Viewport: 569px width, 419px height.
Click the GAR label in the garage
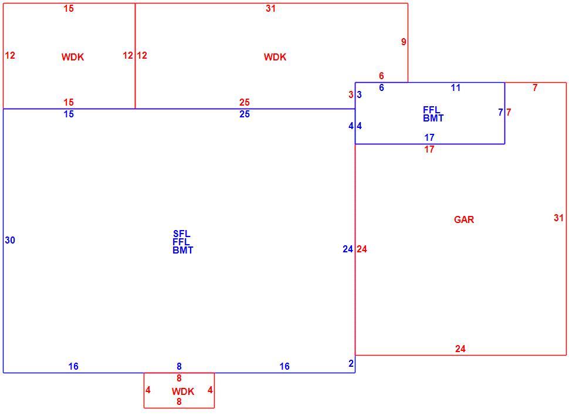tap(464, 219)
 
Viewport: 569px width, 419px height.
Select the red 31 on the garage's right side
tap(558, 218)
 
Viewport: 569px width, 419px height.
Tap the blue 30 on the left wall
tap(10, 240)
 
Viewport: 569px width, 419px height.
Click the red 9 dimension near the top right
tap(404, 42)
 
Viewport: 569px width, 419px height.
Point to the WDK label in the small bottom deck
tap(183, 391)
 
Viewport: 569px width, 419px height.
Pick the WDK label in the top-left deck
tap(73, 57)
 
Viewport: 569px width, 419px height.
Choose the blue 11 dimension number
tap(455, 87)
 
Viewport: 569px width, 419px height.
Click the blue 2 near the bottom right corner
tap(351, 363)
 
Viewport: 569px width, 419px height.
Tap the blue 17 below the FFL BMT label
tap(429, 137)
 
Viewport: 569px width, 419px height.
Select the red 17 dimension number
tap(429, 149)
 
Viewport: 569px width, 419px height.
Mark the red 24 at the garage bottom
tap(460, 349)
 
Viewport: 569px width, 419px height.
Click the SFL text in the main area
tap(181, 234)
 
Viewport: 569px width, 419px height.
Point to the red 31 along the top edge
tap(270, 8)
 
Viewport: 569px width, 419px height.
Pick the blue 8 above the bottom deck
tap(179, 366)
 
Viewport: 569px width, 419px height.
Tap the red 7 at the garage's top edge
tap(535, 87)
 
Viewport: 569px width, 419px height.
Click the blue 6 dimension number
tap(381, 87)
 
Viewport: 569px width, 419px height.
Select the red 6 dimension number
tap(381, 76)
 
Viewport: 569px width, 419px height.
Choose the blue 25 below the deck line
tap(245, 114)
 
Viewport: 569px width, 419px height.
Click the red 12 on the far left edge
tap(10, 55)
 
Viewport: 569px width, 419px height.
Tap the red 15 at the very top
tap(69, 8)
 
